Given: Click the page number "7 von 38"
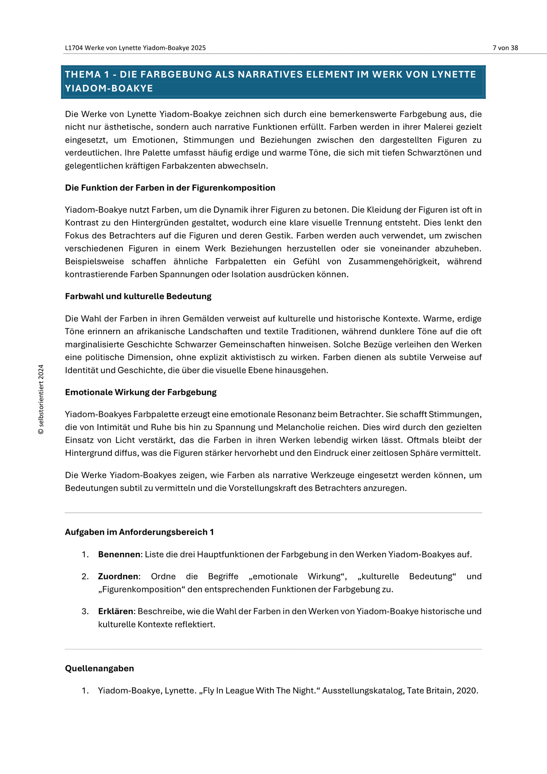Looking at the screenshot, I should click(x=505, y=48).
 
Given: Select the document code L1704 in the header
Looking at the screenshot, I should click(x=74, y=48).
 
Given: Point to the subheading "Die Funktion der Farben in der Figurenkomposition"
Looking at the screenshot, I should click(x=170, y=188).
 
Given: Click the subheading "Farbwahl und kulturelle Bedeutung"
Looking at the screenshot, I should click(x=138, y=296).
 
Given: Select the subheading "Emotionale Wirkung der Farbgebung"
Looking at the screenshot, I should click(x=141, y=392).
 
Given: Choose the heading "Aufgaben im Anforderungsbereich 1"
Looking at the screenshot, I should click(x=139, y=532).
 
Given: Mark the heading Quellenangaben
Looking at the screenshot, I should click(x=99, y=668).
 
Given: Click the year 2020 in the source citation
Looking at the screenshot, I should click(x=467, y=690).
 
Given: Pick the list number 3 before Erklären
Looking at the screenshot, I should click(x=85, y=611).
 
